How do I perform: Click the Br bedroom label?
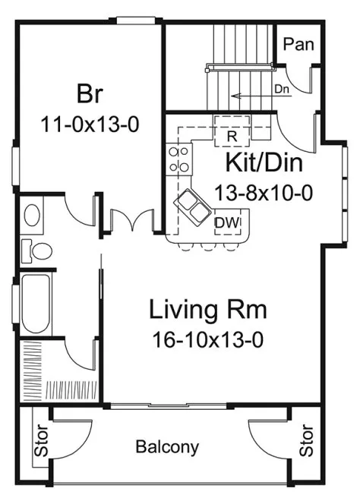[x=90, y=94]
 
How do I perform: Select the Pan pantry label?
[x=298, y=45]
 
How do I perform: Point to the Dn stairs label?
[x=282, y=88]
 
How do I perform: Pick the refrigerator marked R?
[x=232, y=134]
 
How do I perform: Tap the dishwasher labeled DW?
[x=224, y=222]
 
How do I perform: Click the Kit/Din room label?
[x=264, y=162]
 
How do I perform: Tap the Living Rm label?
[x=208, y=310]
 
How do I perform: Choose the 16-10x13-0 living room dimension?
[x=207, y=339]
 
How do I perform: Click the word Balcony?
[x=167, y=447]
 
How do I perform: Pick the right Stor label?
[x=307, y=441]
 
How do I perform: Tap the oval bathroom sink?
[x=33, y=215]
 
